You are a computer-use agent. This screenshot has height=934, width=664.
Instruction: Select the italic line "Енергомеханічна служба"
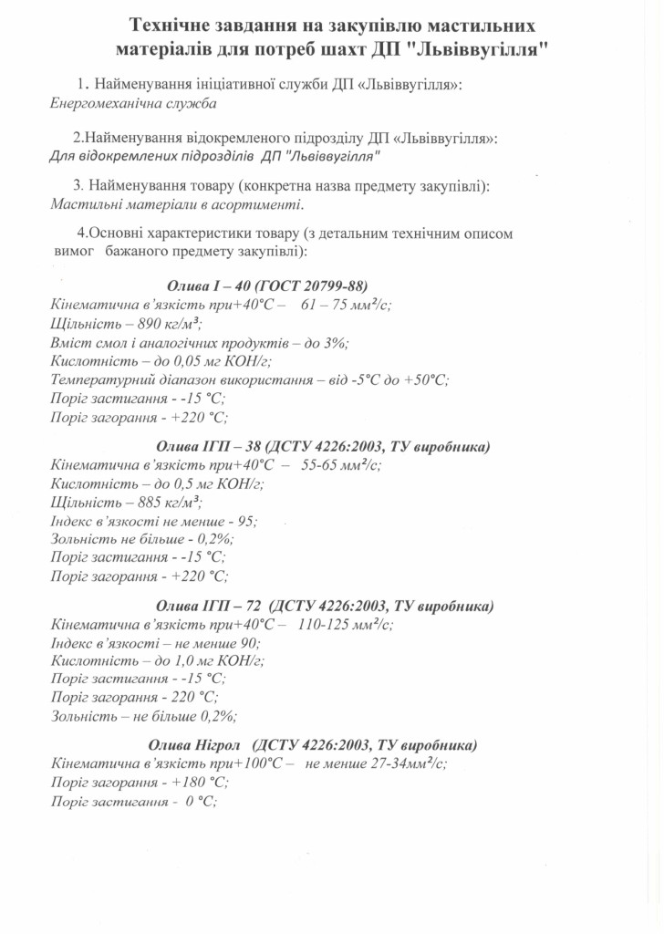coord(133,103)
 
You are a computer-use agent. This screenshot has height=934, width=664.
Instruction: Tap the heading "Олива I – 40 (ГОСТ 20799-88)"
coord(267,285)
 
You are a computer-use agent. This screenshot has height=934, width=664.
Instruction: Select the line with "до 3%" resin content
coord(200,343)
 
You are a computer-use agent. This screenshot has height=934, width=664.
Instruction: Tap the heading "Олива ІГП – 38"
coord(210,446)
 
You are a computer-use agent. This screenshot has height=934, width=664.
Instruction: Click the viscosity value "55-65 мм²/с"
coord(341,464)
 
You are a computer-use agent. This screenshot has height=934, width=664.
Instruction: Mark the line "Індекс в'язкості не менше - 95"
coord(154,521)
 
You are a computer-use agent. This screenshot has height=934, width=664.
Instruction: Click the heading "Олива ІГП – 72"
coord(211,606)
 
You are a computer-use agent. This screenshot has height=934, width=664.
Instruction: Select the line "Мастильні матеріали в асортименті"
coord(177,205)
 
